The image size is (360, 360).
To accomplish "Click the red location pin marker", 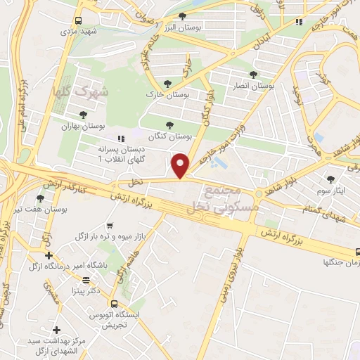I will point(181,165).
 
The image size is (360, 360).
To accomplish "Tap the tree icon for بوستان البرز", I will point(183,16).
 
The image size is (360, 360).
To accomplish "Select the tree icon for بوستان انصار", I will point(253,74).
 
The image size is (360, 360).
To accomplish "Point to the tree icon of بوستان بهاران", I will point(83,114).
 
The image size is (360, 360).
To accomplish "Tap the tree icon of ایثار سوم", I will point(330,179).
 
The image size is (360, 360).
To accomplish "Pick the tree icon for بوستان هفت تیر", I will point(39,199).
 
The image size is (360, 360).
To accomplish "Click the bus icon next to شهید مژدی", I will point(77,21).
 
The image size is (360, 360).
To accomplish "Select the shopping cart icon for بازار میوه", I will point(110,226).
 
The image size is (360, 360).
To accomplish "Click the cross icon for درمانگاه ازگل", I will point(49,255).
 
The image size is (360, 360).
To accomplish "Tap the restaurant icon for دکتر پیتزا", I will point(86,280).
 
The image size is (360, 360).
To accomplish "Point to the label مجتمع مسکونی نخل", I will point(225,200).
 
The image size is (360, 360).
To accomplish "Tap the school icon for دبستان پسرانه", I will point(121,139).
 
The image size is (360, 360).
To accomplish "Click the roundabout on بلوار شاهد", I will point(259,193).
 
